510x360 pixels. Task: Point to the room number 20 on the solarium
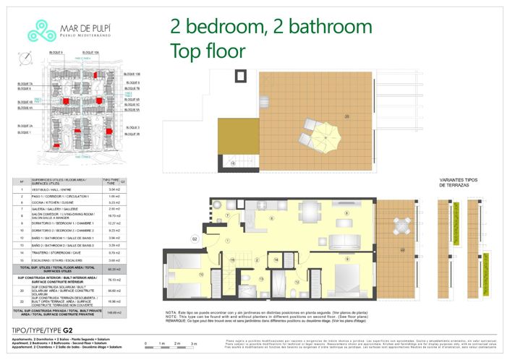click(x=347, y=116)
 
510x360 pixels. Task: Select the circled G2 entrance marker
click(x=195, y=238)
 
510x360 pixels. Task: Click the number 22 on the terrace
click(x=402, y=249)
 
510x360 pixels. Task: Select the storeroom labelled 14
click(x=276, y=259)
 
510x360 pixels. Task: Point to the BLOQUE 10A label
click(x=90, y=53)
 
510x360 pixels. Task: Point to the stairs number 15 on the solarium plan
click(x=233, y=163)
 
